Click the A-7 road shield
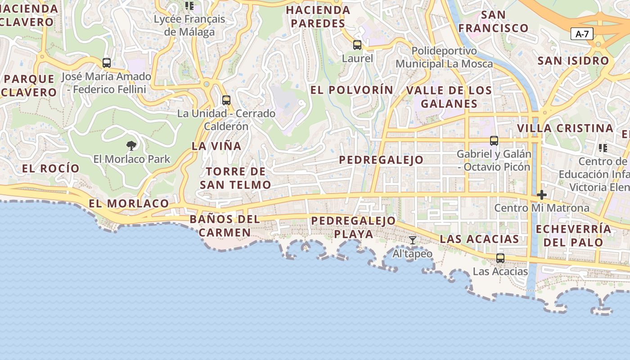tap(582, 34)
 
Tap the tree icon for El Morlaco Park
tap(131, 145)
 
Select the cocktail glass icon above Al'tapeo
tap(412, 240)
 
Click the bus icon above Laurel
tap(357, 45)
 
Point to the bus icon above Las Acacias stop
tap(500, 258)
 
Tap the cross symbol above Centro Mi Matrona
tap(542, 195)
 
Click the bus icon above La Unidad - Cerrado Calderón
tap(226, 100)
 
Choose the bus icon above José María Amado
tap(107, 63)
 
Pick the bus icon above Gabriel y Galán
tap(494, 141)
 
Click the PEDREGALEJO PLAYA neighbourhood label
tap(354, 227)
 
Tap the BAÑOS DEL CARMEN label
tap(225, 226)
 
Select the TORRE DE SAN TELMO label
tap(236, 178)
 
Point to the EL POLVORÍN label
tap(352, 90)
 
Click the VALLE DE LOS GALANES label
tap(449, 97)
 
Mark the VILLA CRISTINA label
tap(565, 128)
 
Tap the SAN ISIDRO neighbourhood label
tap(573, 61)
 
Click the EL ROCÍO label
tap(51, 169)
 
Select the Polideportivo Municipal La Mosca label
tap(444, 57)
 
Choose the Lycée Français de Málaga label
tap(189, 26)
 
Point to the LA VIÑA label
tap(216, 146)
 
